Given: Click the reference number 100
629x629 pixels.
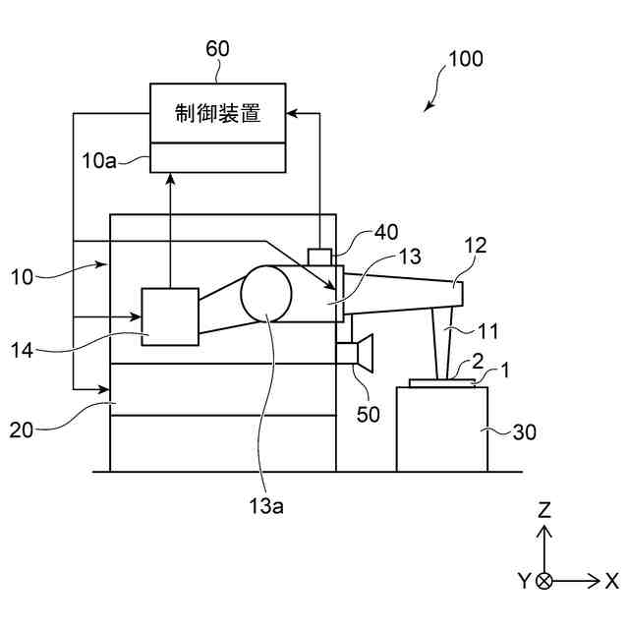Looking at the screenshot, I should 465,59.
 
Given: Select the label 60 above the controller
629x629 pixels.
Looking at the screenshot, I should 218,47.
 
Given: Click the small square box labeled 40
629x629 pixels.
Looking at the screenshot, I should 320,257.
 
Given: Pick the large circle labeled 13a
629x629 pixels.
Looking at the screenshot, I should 266,294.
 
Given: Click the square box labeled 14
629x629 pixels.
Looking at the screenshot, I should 170,315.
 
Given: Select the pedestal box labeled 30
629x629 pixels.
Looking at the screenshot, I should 441,429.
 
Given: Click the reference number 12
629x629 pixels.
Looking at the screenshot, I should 475,246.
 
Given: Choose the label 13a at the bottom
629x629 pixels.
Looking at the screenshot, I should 265,505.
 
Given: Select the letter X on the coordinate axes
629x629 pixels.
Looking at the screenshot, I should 611,580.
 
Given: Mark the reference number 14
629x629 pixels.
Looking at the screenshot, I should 24,348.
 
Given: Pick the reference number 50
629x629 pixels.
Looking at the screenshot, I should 368,415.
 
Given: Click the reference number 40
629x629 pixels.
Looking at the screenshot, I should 386,232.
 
